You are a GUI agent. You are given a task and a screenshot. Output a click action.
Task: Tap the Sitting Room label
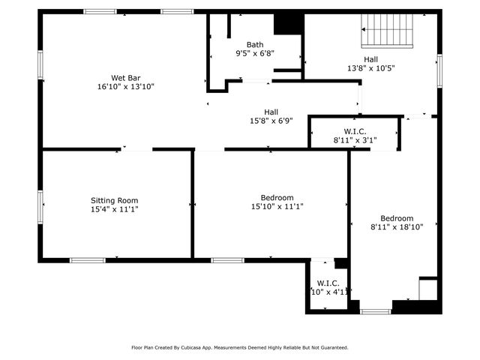pos(115,200)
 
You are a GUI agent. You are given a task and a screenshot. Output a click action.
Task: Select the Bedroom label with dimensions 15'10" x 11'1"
pos(272,197)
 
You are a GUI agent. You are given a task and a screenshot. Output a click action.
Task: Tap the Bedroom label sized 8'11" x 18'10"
pos(397,218)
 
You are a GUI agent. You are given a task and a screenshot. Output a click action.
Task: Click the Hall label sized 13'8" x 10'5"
pos(371,58)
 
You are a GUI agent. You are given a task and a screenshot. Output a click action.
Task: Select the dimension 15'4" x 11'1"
pos(115,210)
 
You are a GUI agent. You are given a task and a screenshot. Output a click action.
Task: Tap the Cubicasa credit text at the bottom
pos(240,347)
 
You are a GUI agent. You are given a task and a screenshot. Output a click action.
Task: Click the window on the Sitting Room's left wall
pos(40,205)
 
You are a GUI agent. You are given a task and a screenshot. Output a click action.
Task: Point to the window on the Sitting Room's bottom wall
pos(88,260)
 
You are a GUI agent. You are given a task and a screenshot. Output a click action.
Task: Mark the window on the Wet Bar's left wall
pos(40,67)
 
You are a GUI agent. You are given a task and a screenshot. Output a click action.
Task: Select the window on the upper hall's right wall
pos(440,70)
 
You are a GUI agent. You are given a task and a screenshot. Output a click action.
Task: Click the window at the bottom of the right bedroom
pos(375,311)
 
